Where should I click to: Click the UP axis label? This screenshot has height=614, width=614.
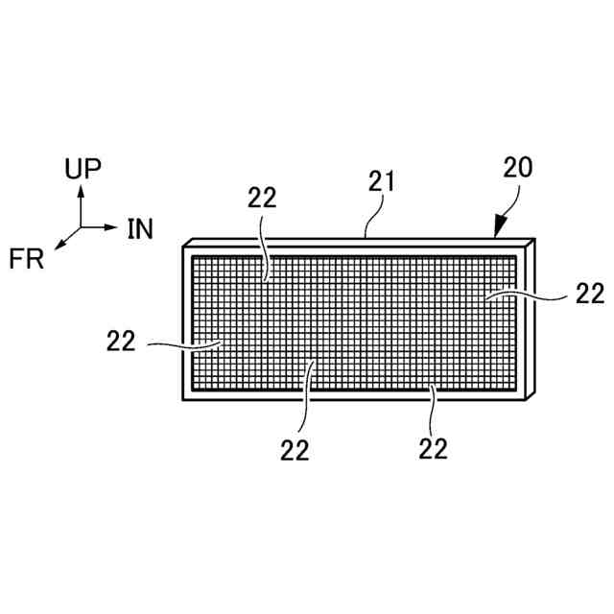point(83,170)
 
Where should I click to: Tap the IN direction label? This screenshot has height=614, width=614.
point(140,228)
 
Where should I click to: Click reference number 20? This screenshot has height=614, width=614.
point(519,168)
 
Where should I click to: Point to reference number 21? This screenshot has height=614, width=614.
point(382,181)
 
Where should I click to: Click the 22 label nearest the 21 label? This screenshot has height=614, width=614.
point(262,198)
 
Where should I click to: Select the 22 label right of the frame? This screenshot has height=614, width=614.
point(590,293)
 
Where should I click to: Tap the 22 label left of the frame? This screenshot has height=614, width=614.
point(122,340)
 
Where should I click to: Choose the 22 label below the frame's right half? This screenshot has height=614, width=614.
point(434,448)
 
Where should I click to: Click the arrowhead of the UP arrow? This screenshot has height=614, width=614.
point(82,190)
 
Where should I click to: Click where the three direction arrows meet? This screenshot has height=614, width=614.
point(82,227)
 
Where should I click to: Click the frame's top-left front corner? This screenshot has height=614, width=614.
point(183,247)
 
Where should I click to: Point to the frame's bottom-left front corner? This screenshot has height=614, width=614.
point(183,400)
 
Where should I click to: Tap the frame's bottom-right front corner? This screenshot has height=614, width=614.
point(528,400)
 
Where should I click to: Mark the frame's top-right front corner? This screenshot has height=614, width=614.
point(528,247)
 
